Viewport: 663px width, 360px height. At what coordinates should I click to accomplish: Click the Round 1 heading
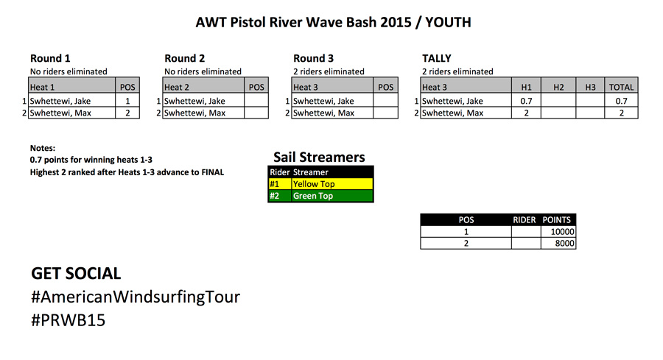coord(50,58)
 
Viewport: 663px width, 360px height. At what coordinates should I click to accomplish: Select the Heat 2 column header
coord(177,88)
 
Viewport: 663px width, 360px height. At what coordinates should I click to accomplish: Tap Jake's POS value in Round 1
coord(127,101)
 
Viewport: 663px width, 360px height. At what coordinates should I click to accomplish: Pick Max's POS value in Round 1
coord(127,113)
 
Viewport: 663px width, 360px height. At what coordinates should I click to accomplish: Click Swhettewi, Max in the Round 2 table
coord(194,113)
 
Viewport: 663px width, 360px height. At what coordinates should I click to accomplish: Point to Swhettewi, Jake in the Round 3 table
coord(323,101)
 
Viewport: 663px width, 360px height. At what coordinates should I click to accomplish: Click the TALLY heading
coord(437,58)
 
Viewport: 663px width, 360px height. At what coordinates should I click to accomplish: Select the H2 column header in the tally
coord(558,88)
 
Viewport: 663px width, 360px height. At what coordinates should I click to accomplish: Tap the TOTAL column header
coord(621,88)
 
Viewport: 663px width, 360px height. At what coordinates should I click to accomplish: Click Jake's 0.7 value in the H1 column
coord(527,101)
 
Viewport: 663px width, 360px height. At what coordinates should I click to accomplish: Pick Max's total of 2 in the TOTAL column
coord(622,113)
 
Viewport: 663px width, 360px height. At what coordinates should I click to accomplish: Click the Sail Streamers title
coord(319,158)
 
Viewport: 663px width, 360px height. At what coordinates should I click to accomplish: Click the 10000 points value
coord(562,232)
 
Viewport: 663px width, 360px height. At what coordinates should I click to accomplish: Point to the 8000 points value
coord(564,243)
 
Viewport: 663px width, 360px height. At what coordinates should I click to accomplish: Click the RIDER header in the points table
coord(525,219)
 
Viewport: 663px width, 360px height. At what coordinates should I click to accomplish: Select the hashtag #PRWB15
coord(68,320)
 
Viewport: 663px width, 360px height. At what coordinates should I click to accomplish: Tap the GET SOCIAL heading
coord(76,273)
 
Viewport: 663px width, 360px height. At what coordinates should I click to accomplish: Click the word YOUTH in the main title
coord(448,22)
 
